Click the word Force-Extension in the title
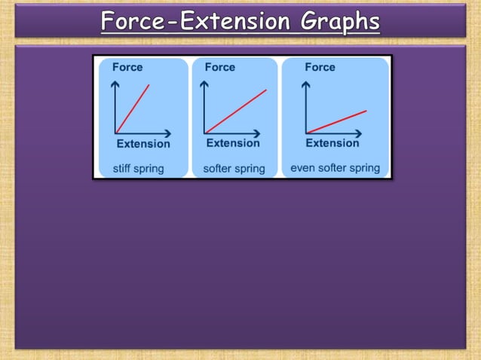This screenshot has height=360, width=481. pos(198,22)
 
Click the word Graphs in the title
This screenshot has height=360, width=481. pos(340,22)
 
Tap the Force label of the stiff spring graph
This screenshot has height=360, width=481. pos(127,67)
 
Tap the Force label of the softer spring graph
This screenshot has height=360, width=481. pos(220,67)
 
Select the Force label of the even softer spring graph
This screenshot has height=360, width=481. pos(320,67)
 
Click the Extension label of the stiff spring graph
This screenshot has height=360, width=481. pos(143,144)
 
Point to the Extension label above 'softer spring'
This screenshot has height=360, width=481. pos(233,143)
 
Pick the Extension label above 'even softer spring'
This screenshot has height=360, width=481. pos(332,143)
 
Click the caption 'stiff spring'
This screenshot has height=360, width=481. pos(138,168)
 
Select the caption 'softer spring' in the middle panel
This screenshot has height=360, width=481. pos(234,169)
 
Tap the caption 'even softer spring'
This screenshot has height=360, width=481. pos(335,168)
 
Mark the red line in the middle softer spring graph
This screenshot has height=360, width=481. pos(236,111)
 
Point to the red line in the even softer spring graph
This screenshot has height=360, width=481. pos(336,122)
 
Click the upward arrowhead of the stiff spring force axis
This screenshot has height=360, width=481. pos(115,84)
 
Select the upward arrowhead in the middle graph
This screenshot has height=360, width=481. pos(205,84)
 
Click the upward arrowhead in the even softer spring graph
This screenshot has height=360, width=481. pos(305,84)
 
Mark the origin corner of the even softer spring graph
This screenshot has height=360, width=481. pos(305,133)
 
